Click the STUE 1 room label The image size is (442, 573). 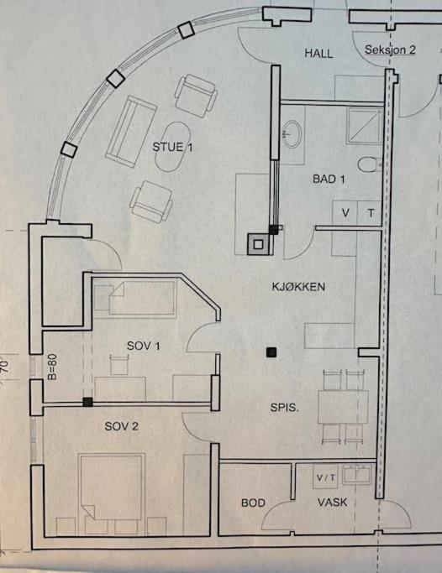[172, 147]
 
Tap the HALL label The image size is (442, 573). [318, 54]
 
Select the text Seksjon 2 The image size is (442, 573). [390, 49]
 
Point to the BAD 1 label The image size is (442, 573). [329, 179]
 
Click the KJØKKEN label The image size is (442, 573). [298, 287]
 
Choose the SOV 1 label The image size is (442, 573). [143, 346]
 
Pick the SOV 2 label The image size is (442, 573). [122, 426]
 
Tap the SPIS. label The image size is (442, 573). [284, 408]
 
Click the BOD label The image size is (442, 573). [253, 503]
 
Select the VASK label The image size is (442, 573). [332, 502]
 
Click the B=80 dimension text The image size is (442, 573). [52, 367]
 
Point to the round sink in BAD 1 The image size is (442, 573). [292, 134]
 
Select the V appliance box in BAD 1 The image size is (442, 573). [345, 212]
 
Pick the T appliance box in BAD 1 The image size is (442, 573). [370, 212]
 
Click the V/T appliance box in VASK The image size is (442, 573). [325, 477]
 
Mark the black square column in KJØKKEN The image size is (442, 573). [271, 352]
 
